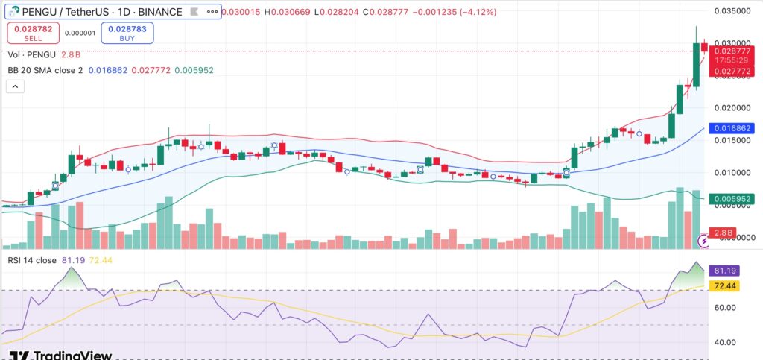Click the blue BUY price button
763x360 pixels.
pyautogui.click(x=123, y=33)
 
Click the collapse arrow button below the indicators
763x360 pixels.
pyautogui.click(x=16, y=87)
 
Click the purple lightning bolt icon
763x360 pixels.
pyautogui.click(x=703, y=241)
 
